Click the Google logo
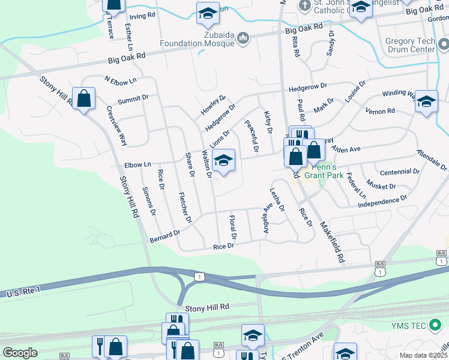coord(20,353)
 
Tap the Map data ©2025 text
coord(423,355)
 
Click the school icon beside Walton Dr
coord(223,160)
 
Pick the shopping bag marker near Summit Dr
coord(84,98)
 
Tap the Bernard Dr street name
coord(164,236)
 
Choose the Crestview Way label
coord(116,126)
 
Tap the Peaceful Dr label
coord(251,136)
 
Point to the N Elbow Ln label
coord(120,80)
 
